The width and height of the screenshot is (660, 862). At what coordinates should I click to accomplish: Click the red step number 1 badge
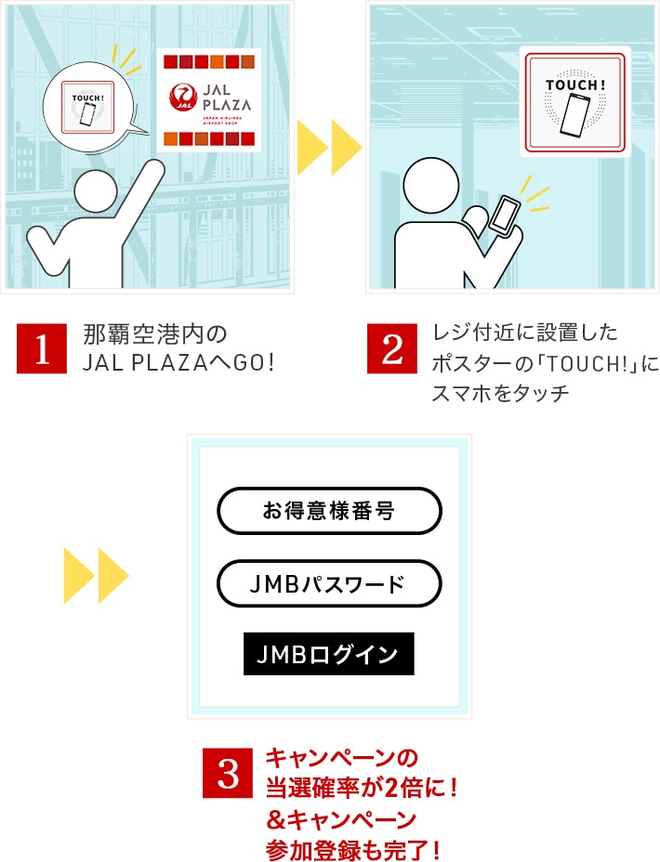click(42, 348)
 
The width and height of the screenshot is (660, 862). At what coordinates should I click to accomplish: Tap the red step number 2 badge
click(392, 348)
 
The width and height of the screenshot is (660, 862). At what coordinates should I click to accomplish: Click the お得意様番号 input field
click(329, 511)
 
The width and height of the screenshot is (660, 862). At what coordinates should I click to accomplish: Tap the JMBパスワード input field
click(329, 583)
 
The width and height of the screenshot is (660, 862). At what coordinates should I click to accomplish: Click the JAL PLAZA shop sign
click(208, 100)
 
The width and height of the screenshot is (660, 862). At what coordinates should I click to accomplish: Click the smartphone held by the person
click(506, 215)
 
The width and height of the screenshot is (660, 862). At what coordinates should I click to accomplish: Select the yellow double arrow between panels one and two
click(329, 146)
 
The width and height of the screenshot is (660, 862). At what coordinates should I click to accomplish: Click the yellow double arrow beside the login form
click(96, 577)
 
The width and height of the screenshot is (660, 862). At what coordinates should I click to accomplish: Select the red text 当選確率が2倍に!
click(362, 788)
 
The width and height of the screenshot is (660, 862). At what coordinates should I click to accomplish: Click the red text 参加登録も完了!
click(352, 849)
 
